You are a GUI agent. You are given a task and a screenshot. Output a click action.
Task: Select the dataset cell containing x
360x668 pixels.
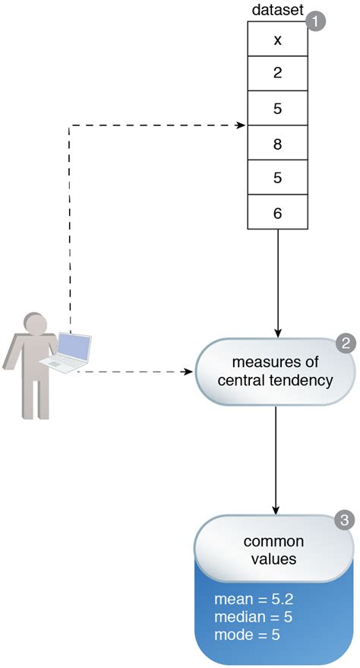[277, 40]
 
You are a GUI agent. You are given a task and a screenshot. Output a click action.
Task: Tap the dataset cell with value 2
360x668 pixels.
[277, 74]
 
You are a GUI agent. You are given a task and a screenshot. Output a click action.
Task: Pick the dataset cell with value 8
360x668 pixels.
[277, 144]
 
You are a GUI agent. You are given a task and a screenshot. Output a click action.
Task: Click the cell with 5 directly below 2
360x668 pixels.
[277, 109]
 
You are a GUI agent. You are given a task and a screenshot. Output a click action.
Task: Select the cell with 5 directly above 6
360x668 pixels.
[277, 179]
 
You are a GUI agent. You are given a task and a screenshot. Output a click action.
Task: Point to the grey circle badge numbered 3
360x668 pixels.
[344, 521]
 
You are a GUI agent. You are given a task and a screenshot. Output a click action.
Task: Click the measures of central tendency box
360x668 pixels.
[275, 371]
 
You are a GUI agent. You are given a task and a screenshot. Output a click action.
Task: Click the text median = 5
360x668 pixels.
[253, 616]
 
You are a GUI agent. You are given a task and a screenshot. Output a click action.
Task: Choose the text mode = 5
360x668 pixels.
[247, 634]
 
